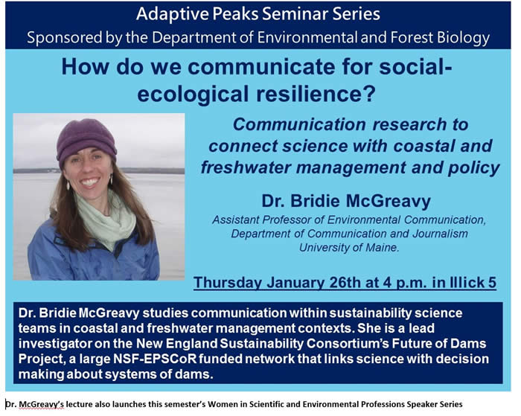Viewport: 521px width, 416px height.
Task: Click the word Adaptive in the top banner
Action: coord(173,15)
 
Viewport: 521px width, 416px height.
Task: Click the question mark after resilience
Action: coord(369,93)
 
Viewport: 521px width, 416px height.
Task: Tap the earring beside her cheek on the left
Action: coord(68,185)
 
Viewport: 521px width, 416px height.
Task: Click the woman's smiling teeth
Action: coord(90,182)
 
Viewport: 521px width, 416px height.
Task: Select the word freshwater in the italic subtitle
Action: coord(246,167)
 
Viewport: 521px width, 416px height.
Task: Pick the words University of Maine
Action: coord(349,248)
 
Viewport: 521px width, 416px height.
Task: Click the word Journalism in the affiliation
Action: coord(441,234)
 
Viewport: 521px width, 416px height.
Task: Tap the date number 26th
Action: coord(345,283)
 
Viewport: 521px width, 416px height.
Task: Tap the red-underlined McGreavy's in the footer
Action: coord(41,404)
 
